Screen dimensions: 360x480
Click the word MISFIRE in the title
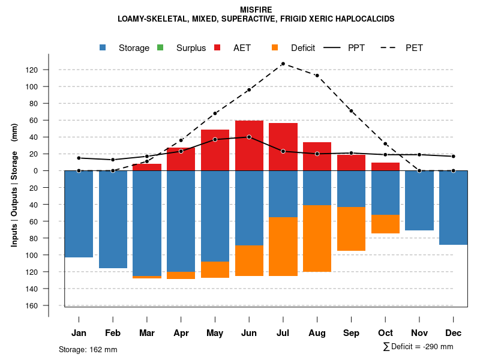[256, 10]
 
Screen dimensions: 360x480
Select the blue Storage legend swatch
[103, 47]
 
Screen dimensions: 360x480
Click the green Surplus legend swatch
[160, 47]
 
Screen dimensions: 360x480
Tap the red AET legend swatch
[217, 47]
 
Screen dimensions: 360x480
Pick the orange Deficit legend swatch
[274, 47]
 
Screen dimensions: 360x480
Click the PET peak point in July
[283, 64]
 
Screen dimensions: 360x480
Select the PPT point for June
[248, 137]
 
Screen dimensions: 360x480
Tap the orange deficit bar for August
[317, 238]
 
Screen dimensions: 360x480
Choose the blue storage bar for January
[79, 214]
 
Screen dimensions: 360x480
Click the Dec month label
[454, 333]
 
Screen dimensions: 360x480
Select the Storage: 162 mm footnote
[88, 349]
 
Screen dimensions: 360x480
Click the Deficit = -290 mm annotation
[418, 347]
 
